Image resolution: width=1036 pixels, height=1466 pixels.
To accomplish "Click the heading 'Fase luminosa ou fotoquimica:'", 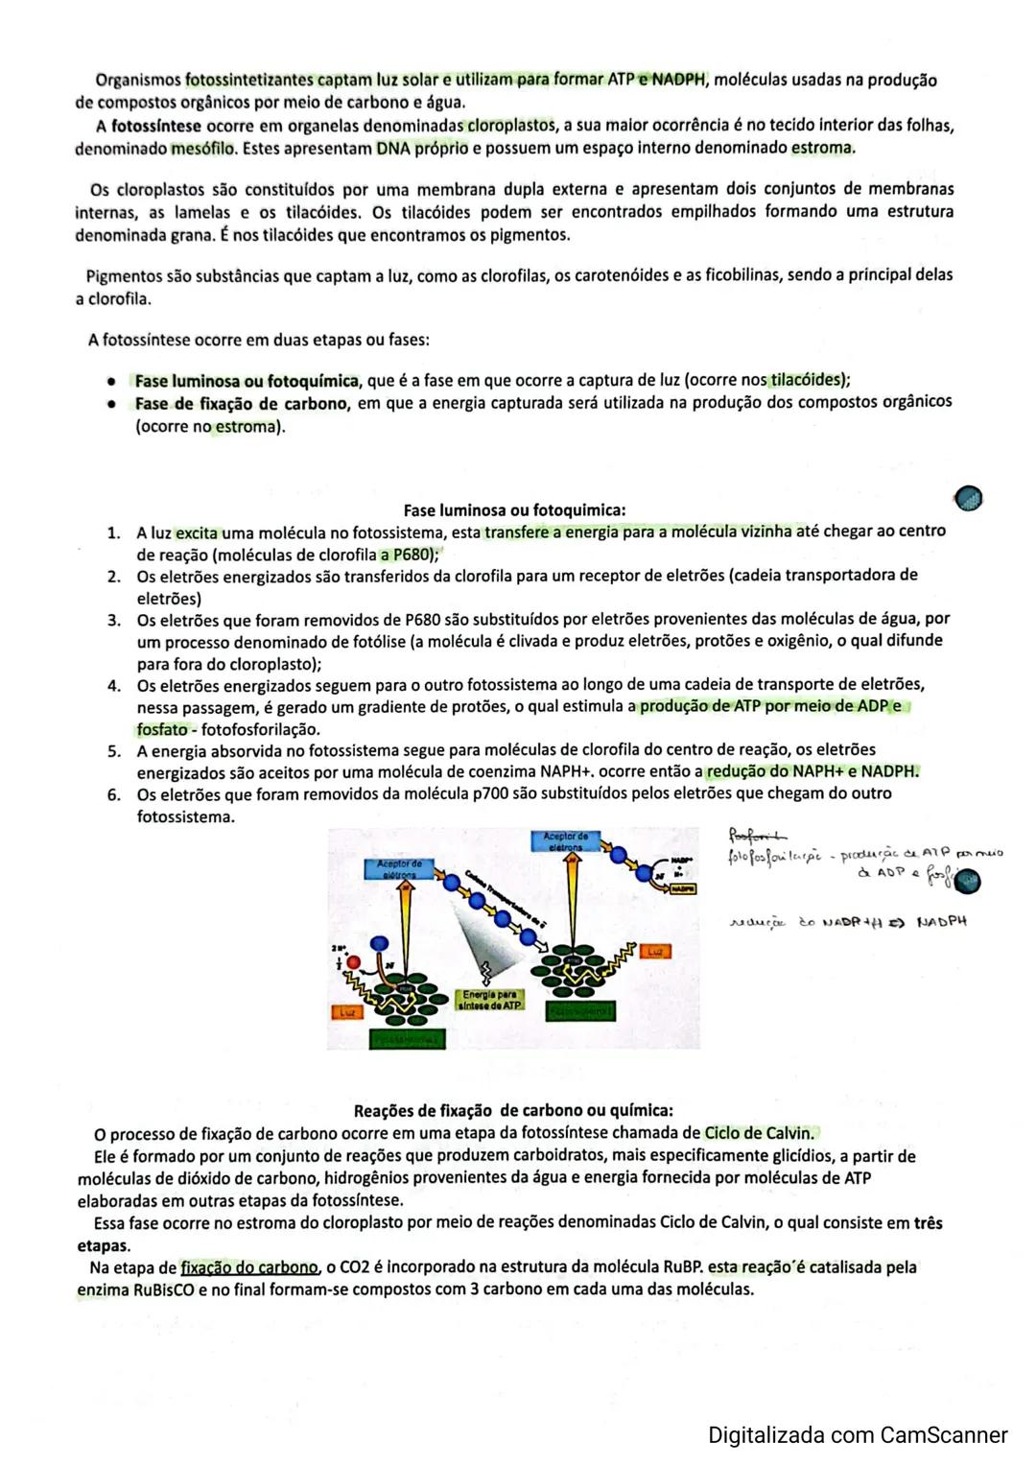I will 514,510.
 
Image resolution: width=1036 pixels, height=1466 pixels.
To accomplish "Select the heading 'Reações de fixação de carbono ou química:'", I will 513,1111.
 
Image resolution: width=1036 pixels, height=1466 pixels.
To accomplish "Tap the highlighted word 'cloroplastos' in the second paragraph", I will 511,126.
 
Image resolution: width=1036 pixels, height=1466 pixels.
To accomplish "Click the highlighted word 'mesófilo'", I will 203,149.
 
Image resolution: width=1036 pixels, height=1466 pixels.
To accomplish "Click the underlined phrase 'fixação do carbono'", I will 249,1267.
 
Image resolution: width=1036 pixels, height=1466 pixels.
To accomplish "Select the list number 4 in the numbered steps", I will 114,686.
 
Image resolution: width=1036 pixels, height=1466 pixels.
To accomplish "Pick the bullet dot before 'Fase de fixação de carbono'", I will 113,404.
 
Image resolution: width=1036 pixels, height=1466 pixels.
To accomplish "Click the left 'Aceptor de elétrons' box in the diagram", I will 399,869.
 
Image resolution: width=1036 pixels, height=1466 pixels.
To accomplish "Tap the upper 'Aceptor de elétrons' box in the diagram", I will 565,841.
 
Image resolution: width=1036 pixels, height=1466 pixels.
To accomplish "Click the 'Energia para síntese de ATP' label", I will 491,1001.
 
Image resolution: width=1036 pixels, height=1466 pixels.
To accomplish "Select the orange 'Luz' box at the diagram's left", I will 344,1012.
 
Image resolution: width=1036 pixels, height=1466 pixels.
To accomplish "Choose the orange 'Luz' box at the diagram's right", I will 656,952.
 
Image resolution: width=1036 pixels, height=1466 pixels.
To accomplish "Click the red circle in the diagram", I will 354,962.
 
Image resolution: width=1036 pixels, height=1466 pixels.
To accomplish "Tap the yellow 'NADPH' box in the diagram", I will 682,889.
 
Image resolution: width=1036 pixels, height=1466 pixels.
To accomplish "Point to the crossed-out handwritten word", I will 756,834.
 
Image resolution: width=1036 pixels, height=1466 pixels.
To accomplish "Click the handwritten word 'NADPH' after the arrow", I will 941,922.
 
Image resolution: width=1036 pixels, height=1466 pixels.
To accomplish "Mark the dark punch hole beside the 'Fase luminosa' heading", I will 969,497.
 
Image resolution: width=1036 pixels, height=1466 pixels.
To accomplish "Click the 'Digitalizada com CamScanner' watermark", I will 858,1435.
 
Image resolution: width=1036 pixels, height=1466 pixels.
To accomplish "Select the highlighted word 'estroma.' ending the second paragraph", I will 823,148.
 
